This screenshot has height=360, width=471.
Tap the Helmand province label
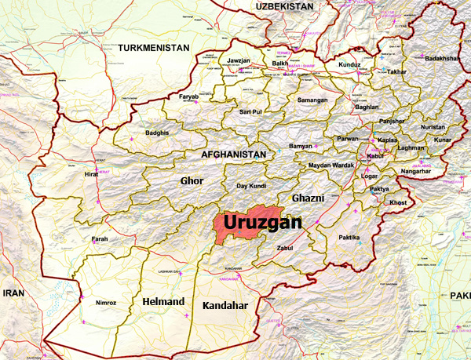(163, 301)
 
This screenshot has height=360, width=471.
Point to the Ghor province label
(192, 181)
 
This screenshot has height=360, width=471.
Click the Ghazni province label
(308, 198)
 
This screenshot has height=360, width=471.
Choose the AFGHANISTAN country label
(234, 155)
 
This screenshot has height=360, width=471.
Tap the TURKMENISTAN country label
(154, 48)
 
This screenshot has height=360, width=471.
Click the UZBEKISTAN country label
(284, 6)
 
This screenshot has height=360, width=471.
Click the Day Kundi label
(253, 186)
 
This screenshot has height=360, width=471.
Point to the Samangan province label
(312, 101)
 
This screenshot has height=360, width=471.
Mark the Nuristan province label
(432, 126)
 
